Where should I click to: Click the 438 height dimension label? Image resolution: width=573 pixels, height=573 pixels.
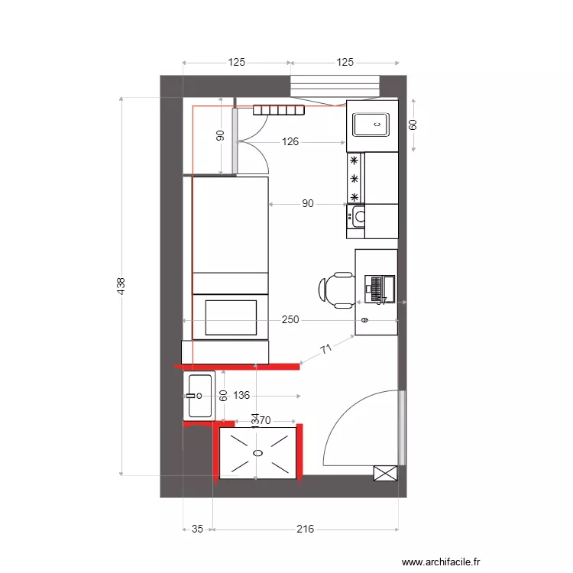(121, 286)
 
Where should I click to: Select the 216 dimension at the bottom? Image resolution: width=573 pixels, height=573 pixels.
(305, 529)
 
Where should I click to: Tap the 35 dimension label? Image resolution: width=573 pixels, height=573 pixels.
(197, 529)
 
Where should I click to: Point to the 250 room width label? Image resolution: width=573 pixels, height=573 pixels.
(290, 320)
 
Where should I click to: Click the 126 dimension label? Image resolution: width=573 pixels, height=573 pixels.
(290, 141)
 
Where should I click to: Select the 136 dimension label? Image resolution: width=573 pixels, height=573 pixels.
(241, 396)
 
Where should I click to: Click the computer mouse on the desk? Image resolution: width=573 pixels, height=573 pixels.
(364, 320)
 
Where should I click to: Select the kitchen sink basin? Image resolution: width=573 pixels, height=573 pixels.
(371, 122)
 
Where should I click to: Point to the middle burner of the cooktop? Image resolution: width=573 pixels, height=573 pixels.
(354, 179)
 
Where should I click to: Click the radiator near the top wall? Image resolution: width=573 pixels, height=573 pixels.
(279, 110)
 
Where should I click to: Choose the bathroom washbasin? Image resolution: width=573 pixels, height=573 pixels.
(199, 396)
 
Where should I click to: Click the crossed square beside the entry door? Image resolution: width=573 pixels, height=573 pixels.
(385, 473)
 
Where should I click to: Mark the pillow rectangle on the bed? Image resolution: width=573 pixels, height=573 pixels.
(230, 319)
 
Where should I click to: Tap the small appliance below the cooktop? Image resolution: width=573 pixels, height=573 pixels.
(357, 216)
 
